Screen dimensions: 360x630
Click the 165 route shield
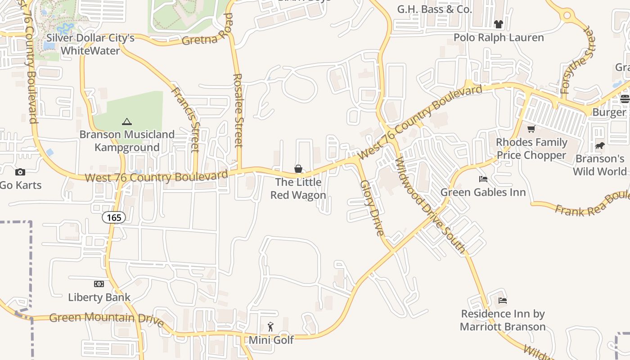114,218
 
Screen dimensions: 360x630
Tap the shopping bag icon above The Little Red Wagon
298,169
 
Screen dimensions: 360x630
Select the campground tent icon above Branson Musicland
127,121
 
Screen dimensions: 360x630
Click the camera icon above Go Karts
20,172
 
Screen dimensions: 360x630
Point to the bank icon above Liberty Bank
99,284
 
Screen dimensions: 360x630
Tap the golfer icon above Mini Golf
270,327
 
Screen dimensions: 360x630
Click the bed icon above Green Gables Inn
483,179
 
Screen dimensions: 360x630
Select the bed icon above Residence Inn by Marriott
503,300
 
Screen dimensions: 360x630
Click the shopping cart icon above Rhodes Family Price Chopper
531,129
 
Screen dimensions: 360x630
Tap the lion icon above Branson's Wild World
599,145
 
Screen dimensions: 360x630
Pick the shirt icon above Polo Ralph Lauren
498,24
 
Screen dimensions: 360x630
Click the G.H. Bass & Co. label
434,9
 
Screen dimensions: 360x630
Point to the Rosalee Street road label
238,110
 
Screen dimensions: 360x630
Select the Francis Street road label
186,119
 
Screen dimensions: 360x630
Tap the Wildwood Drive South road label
430,204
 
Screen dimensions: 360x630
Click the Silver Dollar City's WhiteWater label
90,44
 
